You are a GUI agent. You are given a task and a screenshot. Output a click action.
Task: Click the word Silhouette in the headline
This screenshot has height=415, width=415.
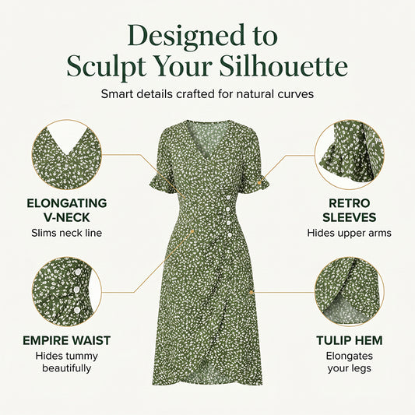pyautogui.click(x=283, y=66)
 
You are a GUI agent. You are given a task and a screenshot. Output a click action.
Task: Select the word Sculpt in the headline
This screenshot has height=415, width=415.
pyautogui.click(x=107, y=67)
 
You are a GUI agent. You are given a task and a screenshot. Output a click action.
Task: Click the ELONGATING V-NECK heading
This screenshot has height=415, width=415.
pyautogui.click(x=67, y=210)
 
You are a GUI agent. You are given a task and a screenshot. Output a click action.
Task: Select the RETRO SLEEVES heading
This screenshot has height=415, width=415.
pyautogui.click(x=350, y=210)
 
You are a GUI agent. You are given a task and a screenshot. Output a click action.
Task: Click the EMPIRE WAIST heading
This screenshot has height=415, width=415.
pyautogui.click(x=67, y=340)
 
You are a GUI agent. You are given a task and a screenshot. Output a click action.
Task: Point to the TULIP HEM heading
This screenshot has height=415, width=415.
pyautogui.click(x=350, y=340)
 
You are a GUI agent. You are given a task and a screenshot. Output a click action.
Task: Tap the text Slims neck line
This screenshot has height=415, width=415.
pyautogui.click(x=67, y=233)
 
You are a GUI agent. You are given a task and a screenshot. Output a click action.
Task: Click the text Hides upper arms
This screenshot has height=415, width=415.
pyautogui.click(x=350, y=233)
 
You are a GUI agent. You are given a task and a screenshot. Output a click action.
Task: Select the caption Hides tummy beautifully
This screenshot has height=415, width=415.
pyautogui.click(x=67, y=362)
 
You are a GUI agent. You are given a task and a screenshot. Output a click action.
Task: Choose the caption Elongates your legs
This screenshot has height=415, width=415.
pyautogui.click(x=350, y=362)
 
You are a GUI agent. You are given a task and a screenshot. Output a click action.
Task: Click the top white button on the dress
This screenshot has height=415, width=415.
pyautogui.click(x=228, y=198)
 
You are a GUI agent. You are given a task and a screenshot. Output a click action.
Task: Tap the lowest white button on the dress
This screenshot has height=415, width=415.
pyautogui.click(x=230, y=235)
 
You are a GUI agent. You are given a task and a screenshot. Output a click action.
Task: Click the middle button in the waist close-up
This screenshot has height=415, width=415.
pyautogui.click(x=77, y=290)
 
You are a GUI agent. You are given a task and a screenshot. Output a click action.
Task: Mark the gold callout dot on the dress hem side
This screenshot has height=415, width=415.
pyautogui.click(x=251, y=292)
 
